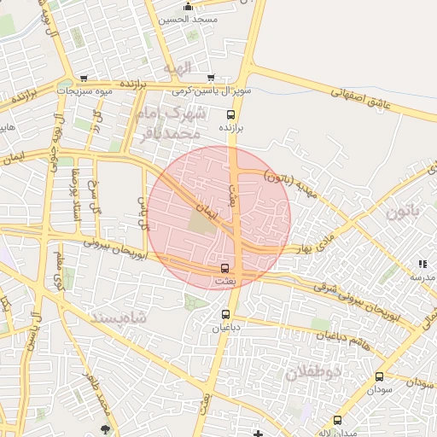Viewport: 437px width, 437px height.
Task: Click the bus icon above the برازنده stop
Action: point(230,114)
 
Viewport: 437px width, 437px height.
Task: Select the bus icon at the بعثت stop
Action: point(225,269)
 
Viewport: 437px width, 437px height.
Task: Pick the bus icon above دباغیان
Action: point(226,314)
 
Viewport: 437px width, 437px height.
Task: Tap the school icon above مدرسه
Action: point(422,264)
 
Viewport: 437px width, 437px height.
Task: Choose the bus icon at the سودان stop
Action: point(379,376)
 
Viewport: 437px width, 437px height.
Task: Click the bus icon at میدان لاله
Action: point(337,420)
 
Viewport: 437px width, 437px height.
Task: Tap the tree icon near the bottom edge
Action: point(105,428)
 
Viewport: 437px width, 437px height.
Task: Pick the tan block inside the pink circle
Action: point(201,223)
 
